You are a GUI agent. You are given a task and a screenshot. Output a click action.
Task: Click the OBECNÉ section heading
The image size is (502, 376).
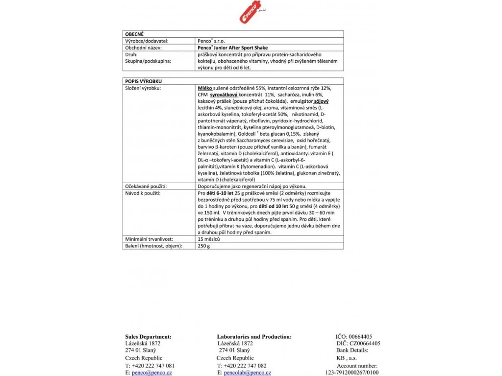pos(134,34)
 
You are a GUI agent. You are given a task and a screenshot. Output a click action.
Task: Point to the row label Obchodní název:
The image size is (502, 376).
pos(144,48)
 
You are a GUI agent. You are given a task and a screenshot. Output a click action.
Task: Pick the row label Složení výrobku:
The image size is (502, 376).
pos(143,88)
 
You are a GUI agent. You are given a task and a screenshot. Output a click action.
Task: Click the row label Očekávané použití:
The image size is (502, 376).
pos(146,187)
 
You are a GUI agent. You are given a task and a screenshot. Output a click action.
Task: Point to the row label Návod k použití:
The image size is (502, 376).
pos(143,193)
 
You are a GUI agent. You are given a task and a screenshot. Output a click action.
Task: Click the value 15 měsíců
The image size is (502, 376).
pos(208,239)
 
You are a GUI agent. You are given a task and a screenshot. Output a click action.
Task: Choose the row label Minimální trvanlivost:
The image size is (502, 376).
pos(149,239)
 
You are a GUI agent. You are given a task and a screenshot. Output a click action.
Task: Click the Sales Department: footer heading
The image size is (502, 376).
pos(148,337)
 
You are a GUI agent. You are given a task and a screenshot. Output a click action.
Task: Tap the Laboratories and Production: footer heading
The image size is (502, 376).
pos(254,337)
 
